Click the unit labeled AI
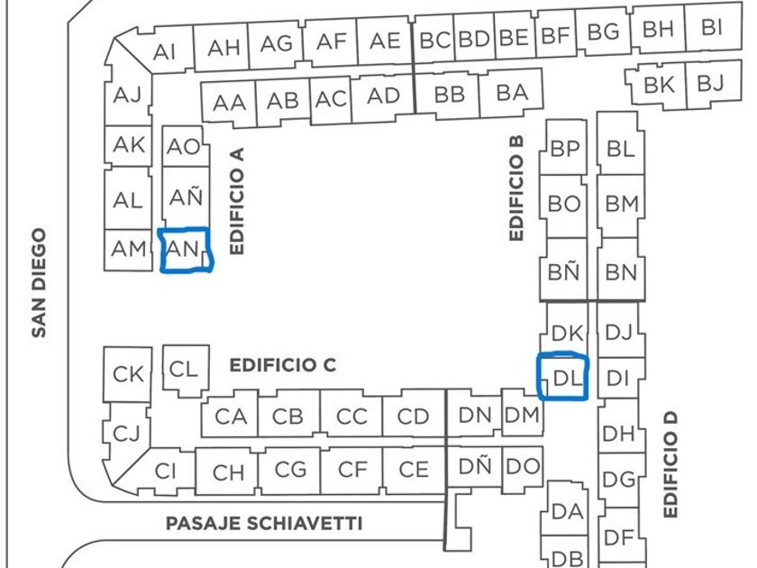(165, 52)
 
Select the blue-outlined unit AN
(185, 250)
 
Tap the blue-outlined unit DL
(564, 378)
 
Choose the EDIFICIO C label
(283, 365)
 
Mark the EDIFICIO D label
(670, 464)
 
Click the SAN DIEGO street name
(39, 282)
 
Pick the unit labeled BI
(711, 27)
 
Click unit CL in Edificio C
(183, 368)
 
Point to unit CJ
(126, 434)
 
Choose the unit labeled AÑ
(186, 196)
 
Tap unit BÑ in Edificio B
(564, 271)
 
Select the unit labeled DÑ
(475, 466)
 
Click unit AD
(384, 96)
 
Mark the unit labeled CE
(414, 469)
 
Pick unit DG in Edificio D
(619, 480)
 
